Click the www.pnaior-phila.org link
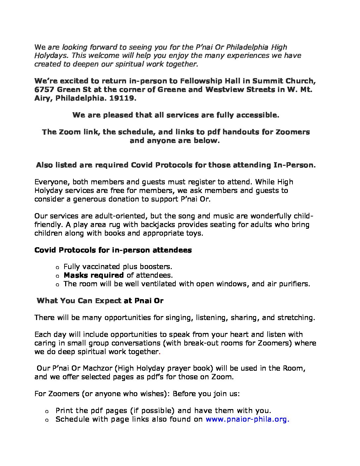click(247, 419)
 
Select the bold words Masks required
click(94, 275)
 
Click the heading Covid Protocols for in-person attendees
click(113, 250)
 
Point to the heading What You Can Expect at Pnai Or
click(100, 301)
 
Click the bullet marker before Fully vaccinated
click(57, 267)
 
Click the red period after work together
click(159, 352)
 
